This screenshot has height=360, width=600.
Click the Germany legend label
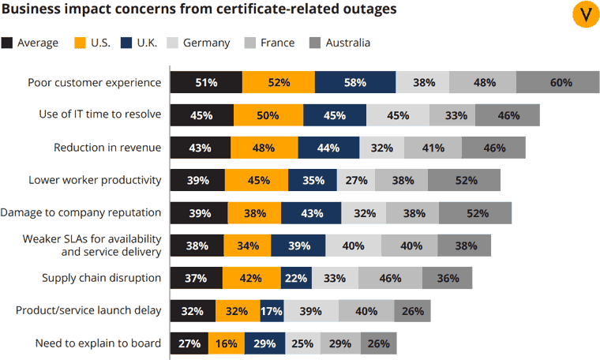[206, 43]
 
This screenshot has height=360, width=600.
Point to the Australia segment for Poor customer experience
[561, 82]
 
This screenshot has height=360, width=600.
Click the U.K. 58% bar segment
[355, 82]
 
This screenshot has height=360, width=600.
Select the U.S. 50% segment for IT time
[268, 115]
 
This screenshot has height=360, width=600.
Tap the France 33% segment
[455, 115]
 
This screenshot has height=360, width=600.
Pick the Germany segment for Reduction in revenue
[381, 148]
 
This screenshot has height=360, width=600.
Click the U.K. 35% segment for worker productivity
[313, 180]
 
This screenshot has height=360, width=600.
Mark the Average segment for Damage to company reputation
[198, 213]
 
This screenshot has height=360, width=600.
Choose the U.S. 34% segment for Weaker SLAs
[247, 246]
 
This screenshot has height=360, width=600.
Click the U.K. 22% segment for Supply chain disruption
[295, 278]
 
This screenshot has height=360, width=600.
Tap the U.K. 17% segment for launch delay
[271, 311]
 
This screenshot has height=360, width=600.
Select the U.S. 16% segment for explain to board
[226, 343]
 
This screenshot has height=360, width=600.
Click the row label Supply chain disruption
[101, 278]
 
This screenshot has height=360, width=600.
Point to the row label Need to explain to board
[98, 343]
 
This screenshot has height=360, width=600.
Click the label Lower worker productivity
[95, 180]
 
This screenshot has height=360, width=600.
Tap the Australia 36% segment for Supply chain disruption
[447, 278]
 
